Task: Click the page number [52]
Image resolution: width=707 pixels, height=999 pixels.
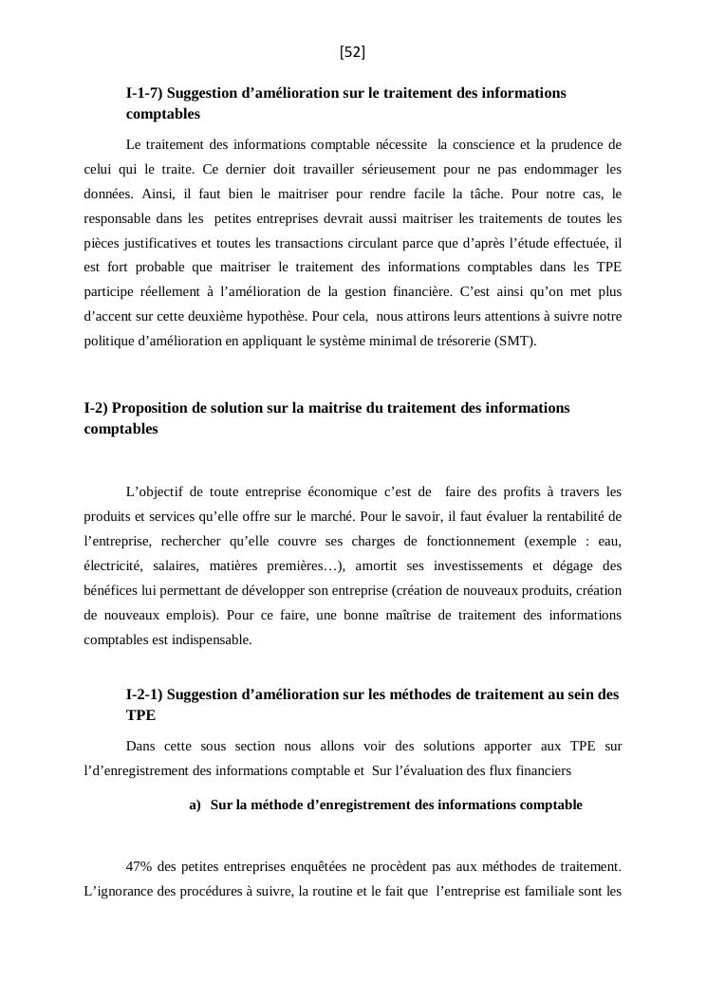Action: point(352,53)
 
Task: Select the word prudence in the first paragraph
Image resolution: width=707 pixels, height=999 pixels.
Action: point(580,145)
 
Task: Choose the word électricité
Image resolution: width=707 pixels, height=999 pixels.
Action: point(112,565)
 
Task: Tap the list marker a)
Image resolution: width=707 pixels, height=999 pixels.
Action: point(195,805)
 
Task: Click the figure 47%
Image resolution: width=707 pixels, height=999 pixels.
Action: point(140,866)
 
